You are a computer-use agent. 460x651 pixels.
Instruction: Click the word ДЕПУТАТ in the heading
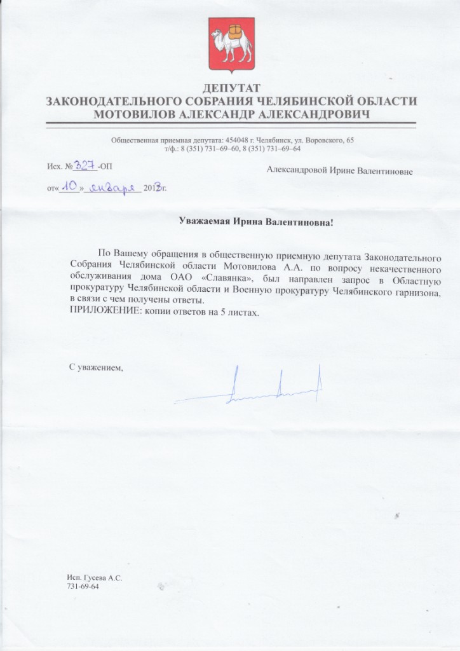[x=231, y=88]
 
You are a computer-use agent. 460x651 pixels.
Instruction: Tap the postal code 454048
[x=235, y=139]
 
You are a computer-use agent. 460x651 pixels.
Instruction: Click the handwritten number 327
[x=85, y=165]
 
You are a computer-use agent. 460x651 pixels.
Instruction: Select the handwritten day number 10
[x=69, y=188]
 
